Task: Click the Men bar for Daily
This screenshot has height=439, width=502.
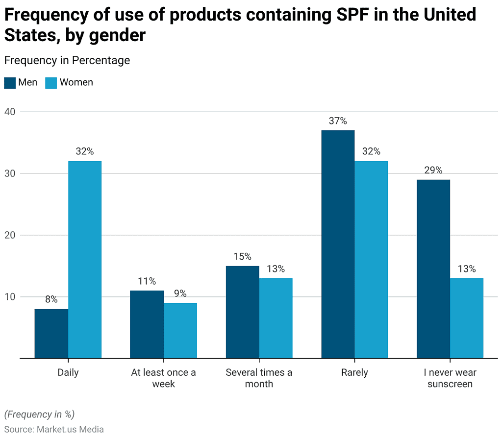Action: tap(51, 334)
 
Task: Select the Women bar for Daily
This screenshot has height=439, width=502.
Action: tap(84, 260)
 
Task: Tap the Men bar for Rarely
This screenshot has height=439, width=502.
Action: tap(338, 244)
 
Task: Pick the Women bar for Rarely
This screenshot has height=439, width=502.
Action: tap(371, 260)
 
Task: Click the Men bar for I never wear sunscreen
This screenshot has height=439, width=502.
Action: tap(433, 269)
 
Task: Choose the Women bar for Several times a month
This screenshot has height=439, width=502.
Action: tap(276, 318)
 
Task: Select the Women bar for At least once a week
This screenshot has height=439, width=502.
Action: tap(180, 331)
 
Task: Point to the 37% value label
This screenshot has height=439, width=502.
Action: tap(338, 121)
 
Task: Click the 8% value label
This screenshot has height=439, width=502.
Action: tap(51, 299)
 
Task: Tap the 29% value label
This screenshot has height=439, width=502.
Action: tap(433, 171)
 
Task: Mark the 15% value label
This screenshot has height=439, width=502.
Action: tap(242, 257)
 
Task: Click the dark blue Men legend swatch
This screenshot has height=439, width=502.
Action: tap(9, 82)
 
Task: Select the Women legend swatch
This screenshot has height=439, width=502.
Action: tap(51, 82)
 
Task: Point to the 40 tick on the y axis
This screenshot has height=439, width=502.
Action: tap(10, 112)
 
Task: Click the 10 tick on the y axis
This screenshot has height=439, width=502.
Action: tap(10, 297)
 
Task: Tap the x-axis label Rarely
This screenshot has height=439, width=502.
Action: tap(354, 372)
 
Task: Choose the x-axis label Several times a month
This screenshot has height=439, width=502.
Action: tap(259, 378)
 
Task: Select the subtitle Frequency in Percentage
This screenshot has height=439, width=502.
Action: tap(67, 60)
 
